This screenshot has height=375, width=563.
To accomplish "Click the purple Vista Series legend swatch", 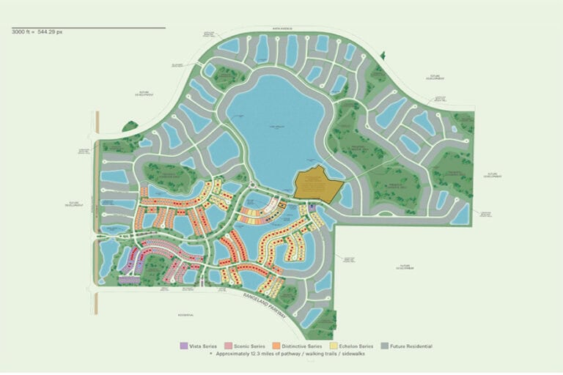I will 182,346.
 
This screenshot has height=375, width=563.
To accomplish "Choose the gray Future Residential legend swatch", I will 385,346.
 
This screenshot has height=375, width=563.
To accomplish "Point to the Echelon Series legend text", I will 357,346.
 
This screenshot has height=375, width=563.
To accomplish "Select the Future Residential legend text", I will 411,346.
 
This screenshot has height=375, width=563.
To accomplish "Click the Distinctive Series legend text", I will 301,346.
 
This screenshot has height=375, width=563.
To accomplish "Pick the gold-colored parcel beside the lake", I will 317,185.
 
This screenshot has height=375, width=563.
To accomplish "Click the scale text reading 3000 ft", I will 23,33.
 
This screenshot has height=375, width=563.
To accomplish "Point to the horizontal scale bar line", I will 88,28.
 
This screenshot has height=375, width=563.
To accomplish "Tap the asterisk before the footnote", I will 212,354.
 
